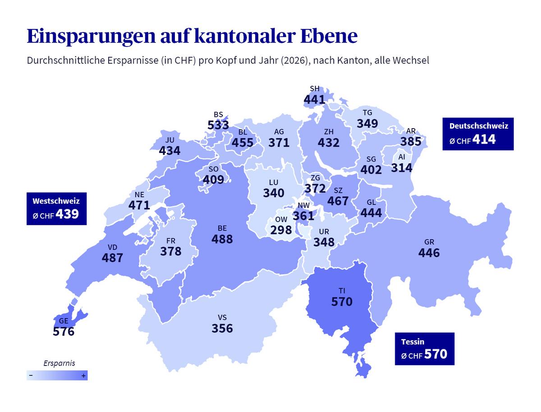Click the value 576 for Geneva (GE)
64,332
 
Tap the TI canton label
342,291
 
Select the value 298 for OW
281,230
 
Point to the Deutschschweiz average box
478,134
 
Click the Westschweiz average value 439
67,214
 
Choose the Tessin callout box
424,348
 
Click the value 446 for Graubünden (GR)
429,253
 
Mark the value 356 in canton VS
222,328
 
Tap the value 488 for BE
222,239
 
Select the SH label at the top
314,88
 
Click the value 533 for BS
218,125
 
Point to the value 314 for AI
401,168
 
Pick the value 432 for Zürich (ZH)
328,143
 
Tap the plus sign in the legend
83,375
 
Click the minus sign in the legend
31,375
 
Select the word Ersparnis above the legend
59,363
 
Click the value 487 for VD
112,258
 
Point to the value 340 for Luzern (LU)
274,193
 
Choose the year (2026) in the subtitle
295,60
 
